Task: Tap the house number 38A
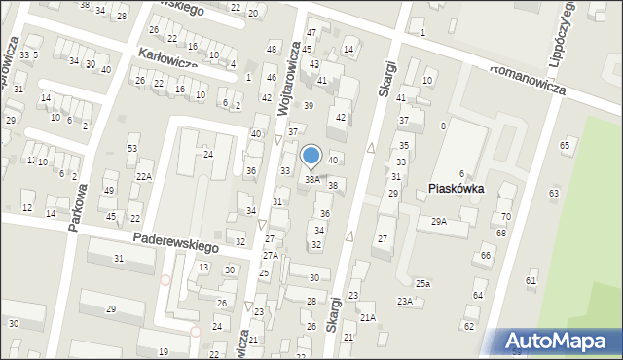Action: (x=312, y=179)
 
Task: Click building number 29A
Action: (x=439, y=222)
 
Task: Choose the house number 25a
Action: (x=422, y=283)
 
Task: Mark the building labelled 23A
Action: (x=404, y=302)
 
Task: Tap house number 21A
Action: (x=367, y=317)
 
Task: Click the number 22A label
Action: (x=143, y=176)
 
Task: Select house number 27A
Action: (x=270, y=255)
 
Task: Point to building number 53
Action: (x=132, y=148)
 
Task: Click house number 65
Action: (x=565, y=145)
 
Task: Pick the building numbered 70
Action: (x=505, y=216)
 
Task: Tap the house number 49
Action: (x=109, y=190)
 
